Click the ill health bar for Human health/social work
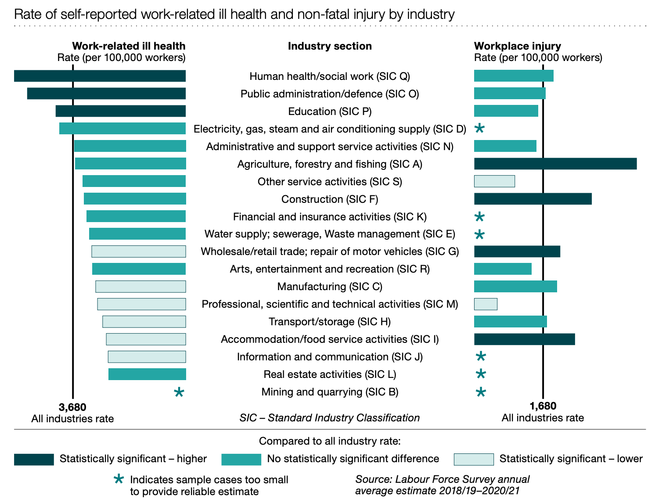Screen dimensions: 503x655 click(x=100, y=76)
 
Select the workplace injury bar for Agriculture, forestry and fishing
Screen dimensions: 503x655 click(x=555, y=164)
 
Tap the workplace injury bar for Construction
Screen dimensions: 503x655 click(x=533, y=199)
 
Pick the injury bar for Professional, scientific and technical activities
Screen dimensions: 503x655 click(x=486, y=304)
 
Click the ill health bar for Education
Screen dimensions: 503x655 click(x=120, y=111)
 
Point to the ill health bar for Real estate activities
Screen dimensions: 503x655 click(x=147, y=374)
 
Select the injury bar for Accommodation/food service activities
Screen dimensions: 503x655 click(x=524, y=339)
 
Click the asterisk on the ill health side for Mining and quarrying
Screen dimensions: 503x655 click(x=179, y=392)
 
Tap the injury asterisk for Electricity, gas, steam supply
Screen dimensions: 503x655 click(x=480, y=128)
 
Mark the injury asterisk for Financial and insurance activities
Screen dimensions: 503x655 click(x=480, y=216)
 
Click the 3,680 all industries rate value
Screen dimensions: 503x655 click(x=72, y=407)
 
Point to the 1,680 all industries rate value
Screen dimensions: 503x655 click(x=543, y=406)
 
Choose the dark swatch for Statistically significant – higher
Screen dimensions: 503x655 click(x=34, y=459)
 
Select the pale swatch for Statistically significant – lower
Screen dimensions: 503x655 click(x=474, y=459)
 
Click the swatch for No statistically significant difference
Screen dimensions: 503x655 click(x=241, y=459)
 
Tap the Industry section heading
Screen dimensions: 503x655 click(x=330, y=46)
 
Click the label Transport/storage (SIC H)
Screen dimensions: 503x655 click(x=330, y=322)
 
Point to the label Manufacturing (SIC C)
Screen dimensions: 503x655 click(x=330, y=287)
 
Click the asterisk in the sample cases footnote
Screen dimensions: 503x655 click(x=119, y=479)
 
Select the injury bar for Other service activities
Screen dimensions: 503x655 click(x=494, y=181)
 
